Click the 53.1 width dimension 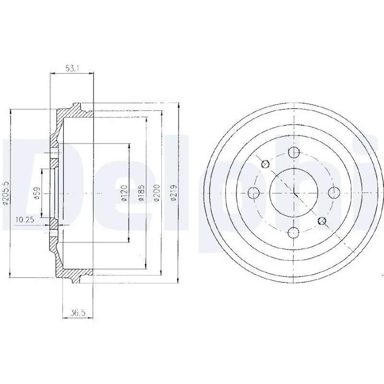(x=72, y=69)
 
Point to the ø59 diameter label (x=36, y=193)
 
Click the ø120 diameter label (x=123, y=193)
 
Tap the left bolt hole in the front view (x=253, y=193)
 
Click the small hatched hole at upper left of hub (x=265, y=165)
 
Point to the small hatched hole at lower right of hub (x=322, y=221)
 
